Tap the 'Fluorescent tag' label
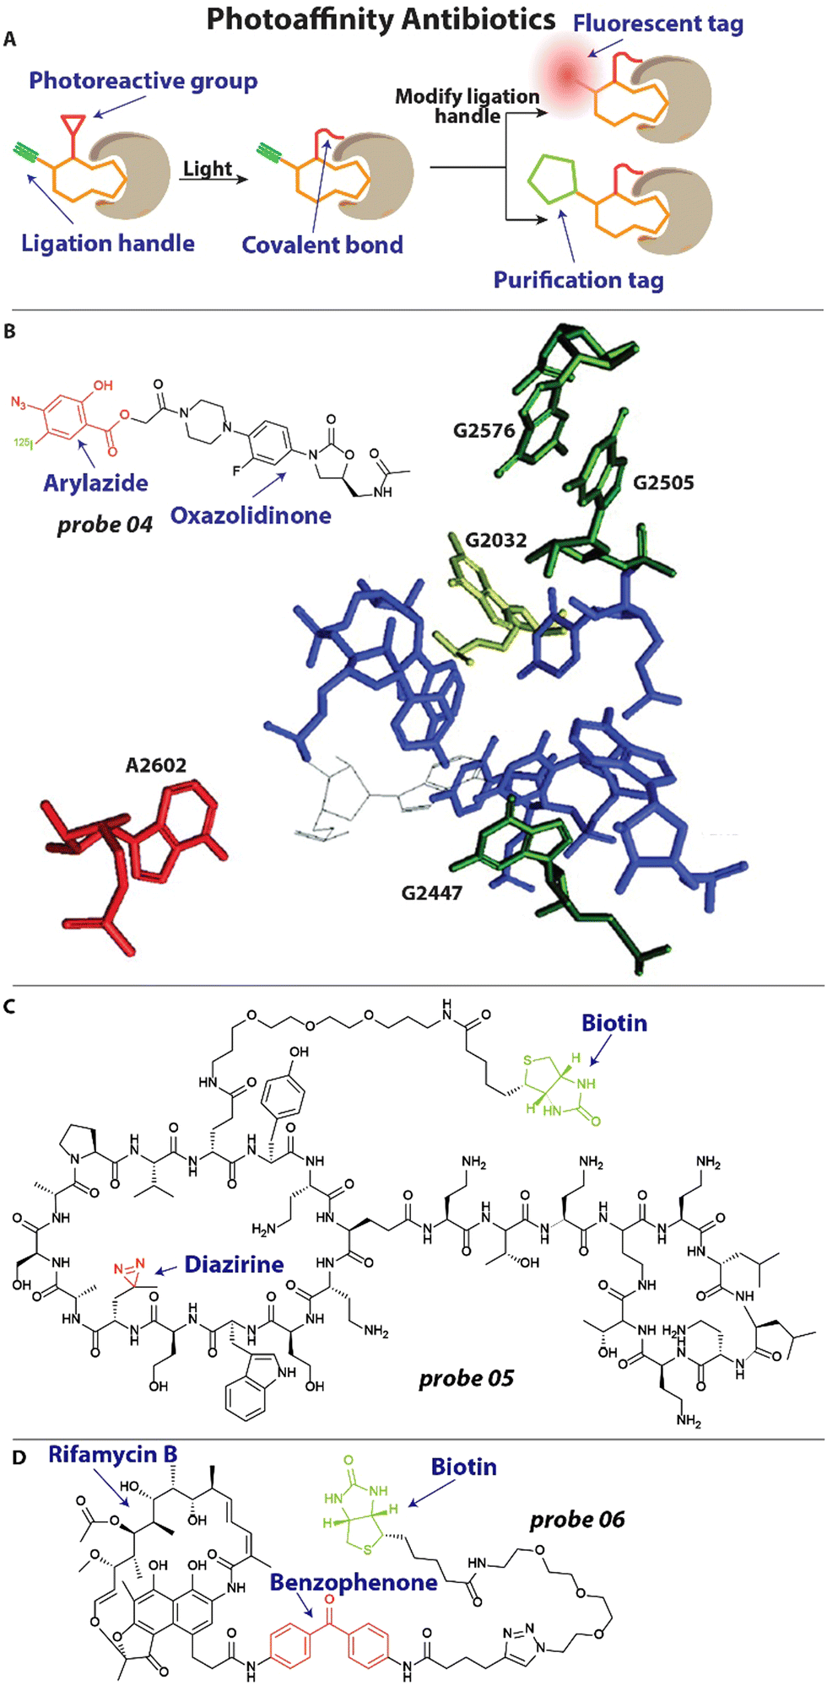pos(657,24)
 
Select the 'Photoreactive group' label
pos(143,81)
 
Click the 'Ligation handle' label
pos(107,244)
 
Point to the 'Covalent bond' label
pos(322,245)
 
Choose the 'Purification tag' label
pos(578,280)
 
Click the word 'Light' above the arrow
pos(207,169)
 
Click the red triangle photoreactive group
pos(73,127)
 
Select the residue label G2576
pos(484,431)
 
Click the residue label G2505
pos(663,483)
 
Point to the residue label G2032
pos(495,541)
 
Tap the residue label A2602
pos(155,766)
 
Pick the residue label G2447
pos(431,892)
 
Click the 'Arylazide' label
pos(95,483)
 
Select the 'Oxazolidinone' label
pos(251,516)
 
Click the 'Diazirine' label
pos(234,1264)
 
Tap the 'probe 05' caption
pos(466,1379)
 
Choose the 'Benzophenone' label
pos(353,1582)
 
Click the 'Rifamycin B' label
pos(112,1455)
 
